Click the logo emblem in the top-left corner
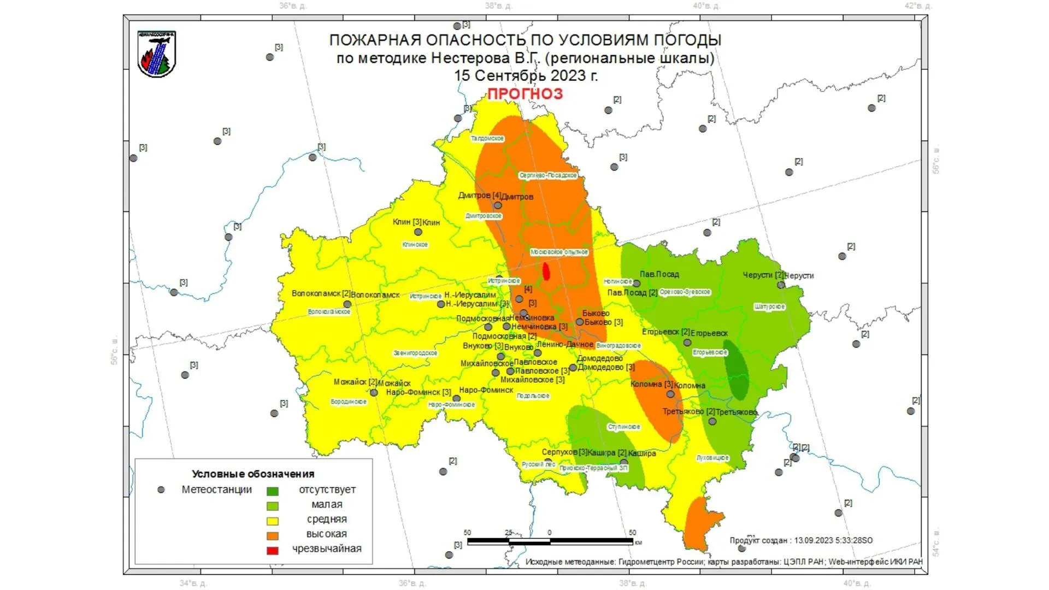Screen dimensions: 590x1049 [x=157, y=54]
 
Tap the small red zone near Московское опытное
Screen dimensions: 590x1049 [x=546, y=272]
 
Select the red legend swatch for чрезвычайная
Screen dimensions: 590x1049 [x=272, y=551]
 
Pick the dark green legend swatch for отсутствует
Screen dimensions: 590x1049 [x=272, y=491]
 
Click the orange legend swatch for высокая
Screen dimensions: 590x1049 [x=272, y=536]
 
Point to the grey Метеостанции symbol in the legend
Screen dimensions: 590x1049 [x=161, y=490]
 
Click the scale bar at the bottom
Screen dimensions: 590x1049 [x=550, y=541]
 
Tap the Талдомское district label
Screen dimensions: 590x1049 [x=487, y=139]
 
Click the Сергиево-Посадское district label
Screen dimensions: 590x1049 [x=548, y=175]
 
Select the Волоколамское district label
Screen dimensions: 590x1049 [x=329, y=312]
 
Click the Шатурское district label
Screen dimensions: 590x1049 [x=769, y=307]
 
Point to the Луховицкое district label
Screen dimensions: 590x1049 [x=712, y=458]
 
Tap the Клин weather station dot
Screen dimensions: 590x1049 [x=418, y=232]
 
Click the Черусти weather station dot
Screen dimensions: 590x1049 [x=781, y=285]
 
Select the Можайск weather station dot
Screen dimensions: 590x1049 [x=374, y=393]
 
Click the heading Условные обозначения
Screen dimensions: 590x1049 [x=253, y=474]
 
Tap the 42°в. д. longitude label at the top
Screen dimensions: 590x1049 [x=918, y=6]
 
